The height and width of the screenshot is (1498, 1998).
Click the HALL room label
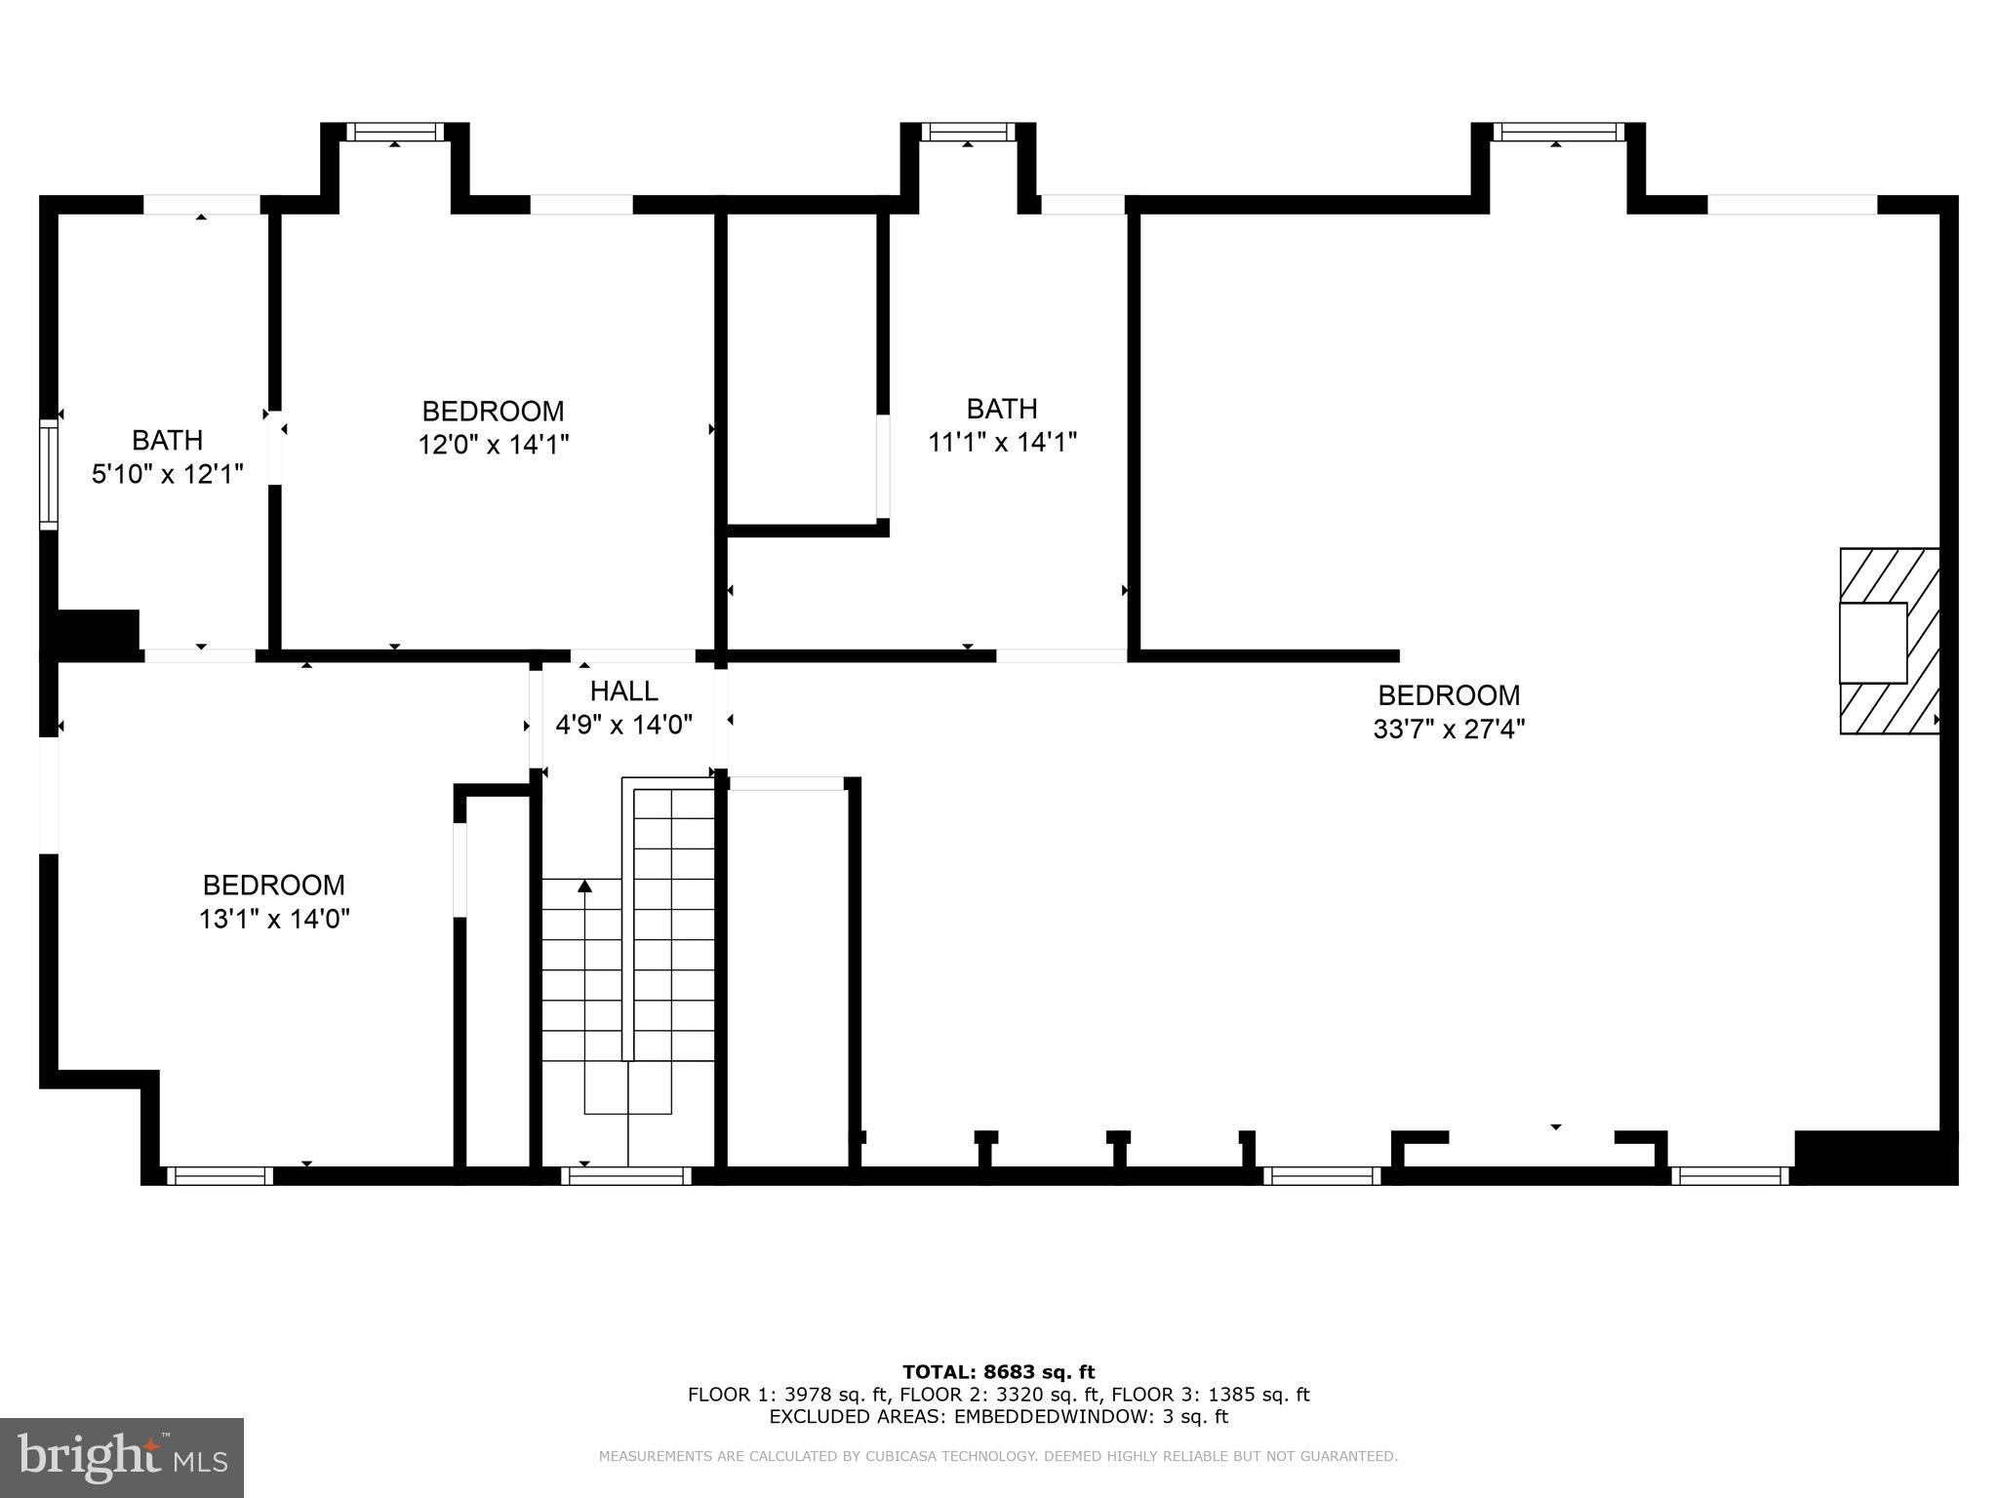click(x=623, y=691)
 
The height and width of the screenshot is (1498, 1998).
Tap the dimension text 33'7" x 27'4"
click(x=1449, y=729)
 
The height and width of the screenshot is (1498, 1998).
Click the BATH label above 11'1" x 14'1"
click(x=1001, y=409)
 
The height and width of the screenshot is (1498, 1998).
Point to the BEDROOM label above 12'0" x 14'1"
click(x=493, y=412)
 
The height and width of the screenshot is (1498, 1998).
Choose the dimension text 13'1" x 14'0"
click(x=274, y=919)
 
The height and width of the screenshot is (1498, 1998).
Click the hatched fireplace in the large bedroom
click(x=1889, y=641)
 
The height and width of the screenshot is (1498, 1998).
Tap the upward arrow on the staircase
click(x=584, y=886)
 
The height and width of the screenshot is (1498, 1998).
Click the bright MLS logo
click(x=121, y=1457)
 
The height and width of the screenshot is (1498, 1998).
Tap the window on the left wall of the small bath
click(x=48, y=474)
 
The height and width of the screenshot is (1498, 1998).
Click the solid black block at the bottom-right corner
click(x=1875, y=1158)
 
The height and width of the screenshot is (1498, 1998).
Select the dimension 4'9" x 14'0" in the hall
click(x=623, y=725)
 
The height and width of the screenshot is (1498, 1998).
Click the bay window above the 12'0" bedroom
click(x=395, y=132)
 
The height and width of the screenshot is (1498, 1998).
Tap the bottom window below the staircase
click(x=626, y=1176)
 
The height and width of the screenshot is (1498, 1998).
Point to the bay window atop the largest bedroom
click(x=1558, y=132)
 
